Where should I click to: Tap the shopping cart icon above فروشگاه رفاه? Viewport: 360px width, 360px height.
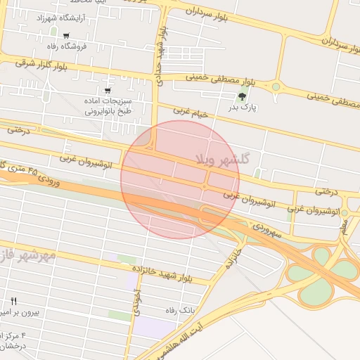66,35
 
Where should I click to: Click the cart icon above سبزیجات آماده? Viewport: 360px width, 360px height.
107,90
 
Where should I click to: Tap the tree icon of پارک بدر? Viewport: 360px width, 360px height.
243,96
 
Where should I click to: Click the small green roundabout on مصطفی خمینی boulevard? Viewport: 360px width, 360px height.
276,87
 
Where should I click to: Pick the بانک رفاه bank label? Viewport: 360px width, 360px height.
179,309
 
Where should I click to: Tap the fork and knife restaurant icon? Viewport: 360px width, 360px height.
13,300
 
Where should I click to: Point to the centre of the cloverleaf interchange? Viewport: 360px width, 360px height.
322,267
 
